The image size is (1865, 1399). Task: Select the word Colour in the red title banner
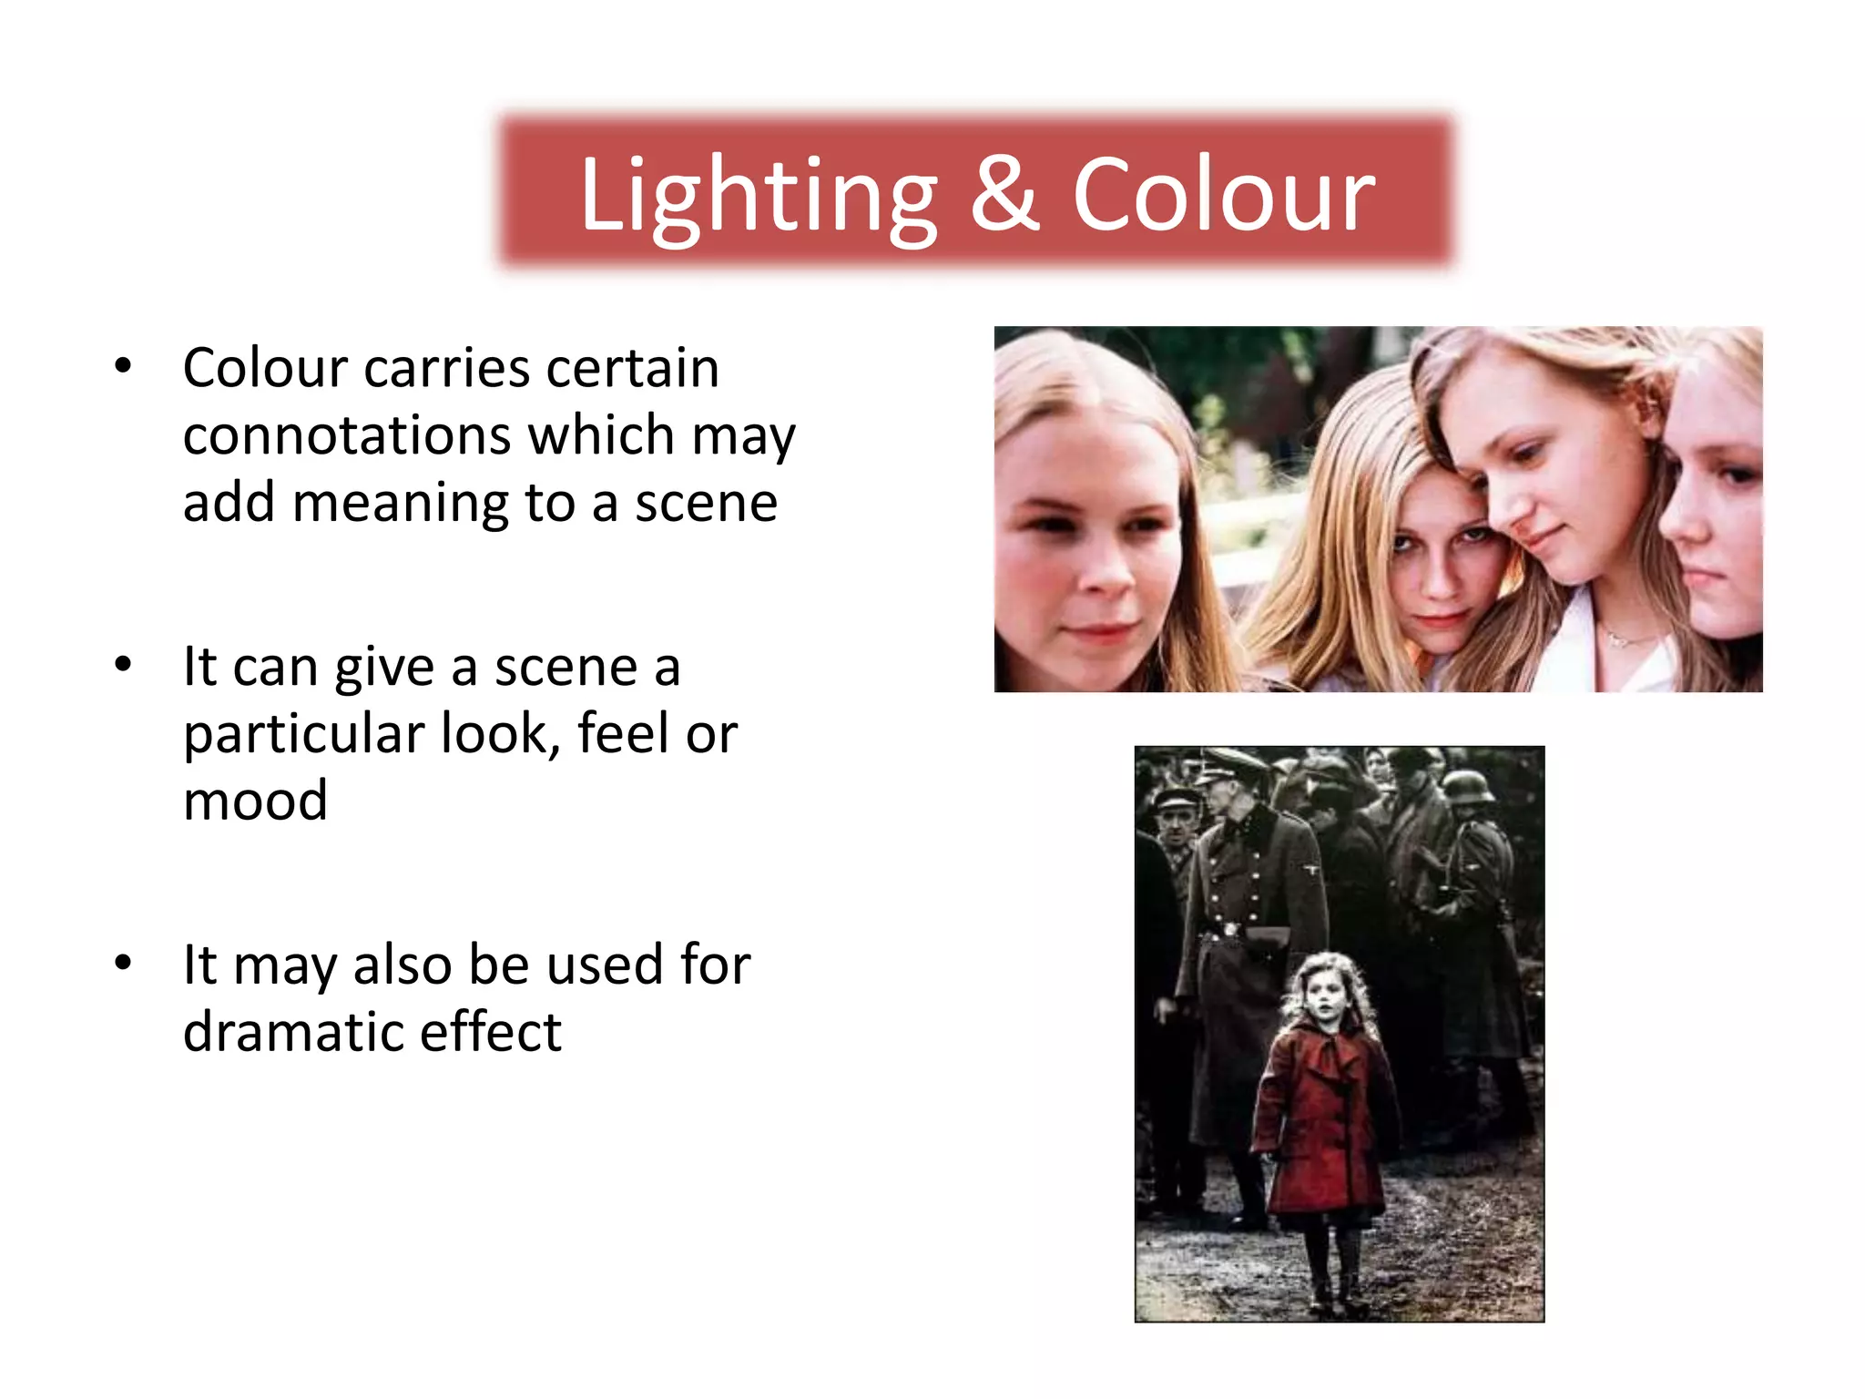click(1223, 195)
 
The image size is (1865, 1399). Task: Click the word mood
click(255, 802)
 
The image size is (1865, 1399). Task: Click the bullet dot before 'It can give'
click(124, 664)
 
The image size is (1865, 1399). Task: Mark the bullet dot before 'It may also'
click(124, 962)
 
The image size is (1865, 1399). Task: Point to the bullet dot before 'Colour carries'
click(124, 366)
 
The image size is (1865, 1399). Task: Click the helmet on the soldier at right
click(1468, 785)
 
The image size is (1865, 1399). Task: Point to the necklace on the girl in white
click(1616, 638)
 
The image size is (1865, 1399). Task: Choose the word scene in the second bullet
click(565, 668)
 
